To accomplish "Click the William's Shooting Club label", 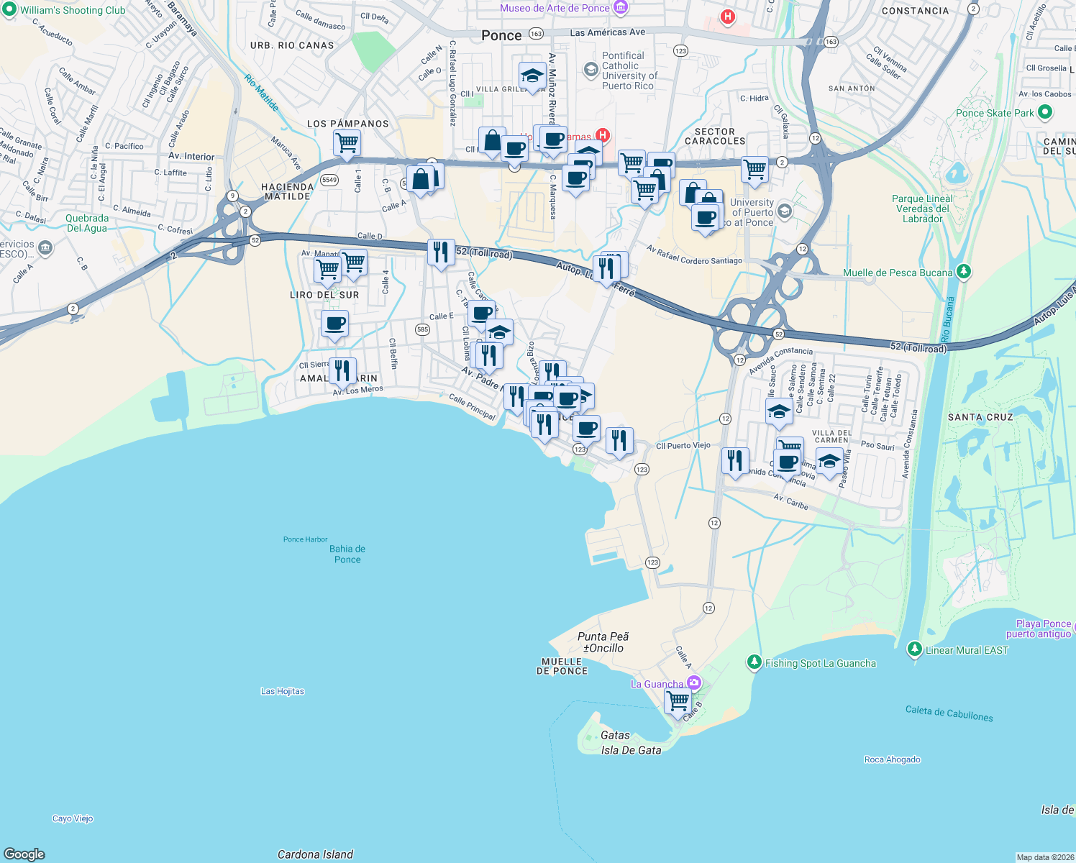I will pyautogui.click(x=72, y=10).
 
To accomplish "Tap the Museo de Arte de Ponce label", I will pyautogui.click(x=555, y=8).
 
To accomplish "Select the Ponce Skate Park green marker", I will pyautogui.click(x=1045, y=112).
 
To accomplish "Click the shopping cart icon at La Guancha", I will pyautogui.click(x=678, y=700).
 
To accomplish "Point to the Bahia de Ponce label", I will pyautogui.click(x=347, y=554).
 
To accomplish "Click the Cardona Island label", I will pyautogui.click(x=315, y=854).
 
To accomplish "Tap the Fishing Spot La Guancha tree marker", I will pyautogui.click(x=754, y=662).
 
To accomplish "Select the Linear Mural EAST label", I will pyautogui.click(x=967, y=650).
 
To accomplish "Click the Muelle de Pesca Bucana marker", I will pyautogui.click(x=964, y=272).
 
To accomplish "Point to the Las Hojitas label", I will pyautogui.click(x=282, y=691).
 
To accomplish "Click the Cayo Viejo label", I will pyautogui.click(x=73, y=818).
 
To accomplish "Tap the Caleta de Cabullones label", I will pyautogui.click(x=949, y=713).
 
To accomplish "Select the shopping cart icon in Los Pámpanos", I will pyautogui.click(x=347, y=142).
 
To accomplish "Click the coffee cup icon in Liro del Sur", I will pyautogui.click(x=334, y=323).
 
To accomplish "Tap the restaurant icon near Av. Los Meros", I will pyautogui.click(x=342, y=370).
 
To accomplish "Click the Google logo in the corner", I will pyautogui.click(x=24, y=854).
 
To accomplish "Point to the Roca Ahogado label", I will pyautogui.click(x=892, y=759).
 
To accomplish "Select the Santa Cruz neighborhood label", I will pyautogui.click(x=980, y=417).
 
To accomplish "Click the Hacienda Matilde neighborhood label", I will pyautogui.click(x=288, y=191).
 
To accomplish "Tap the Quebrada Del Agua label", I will pyautogui.click(x=87, y=223).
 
